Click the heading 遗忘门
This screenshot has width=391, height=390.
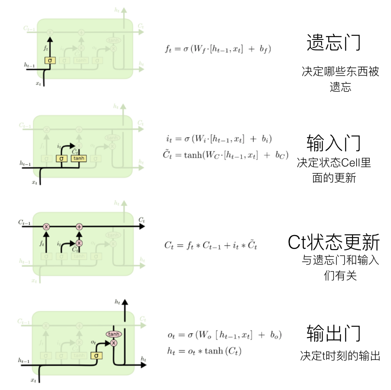coord(333,42)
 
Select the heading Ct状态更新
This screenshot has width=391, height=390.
coord(334,242)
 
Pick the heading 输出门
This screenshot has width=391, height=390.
coord(333,333)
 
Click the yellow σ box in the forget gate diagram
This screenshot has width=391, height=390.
coord(50,60)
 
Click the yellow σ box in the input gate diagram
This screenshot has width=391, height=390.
coord(62,158)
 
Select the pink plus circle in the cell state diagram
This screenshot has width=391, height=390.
coord(80,226)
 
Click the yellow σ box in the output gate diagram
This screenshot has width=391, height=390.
coord(96,355)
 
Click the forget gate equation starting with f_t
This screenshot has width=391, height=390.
coord(218,49)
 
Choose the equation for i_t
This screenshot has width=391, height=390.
coord(219,139)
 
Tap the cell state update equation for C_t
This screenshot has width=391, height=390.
coord(211,245)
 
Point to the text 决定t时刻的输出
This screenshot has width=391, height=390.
coord(340,355)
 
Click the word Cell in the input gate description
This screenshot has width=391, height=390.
coord(352,163)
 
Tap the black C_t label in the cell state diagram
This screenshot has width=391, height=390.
coord(142,220)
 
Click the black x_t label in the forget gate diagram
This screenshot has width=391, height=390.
coord(38,83)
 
